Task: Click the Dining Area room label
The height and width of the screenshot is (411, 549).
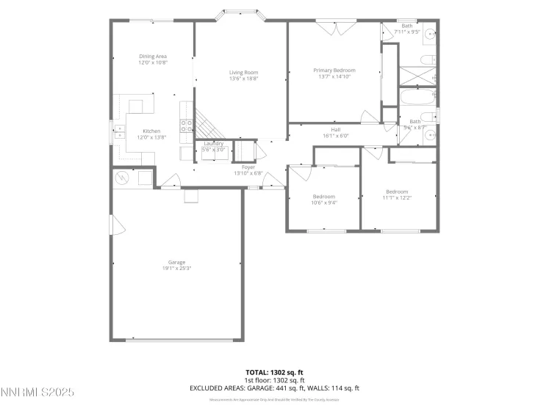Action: pos(154,56)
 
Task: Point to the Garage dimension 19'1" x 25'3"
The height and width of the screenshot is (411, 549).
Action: pos(176,268)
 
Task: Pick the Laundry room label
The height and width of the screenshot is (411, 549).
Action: pos(214,143)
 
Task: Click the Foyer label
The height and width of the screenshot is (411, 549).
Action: pos(248,167)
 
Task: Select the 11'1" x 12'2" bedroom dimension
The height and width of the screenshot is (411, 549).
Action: pos(398,197)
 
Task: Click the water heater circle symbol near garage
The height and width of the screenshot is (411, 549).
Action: pos(122,178)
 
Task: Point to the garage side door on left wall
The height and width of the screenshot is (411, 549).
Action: pos(112,225)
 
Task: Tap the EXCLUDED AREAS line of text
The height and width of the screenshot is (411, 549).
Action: pos(274,388)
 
